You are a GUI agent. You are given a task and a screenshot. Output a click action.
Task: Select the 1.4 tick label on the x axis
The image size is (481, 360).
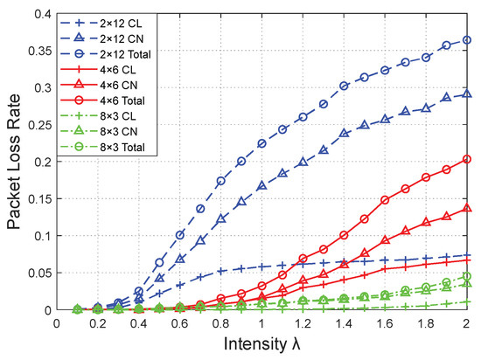click(x=345, y=322)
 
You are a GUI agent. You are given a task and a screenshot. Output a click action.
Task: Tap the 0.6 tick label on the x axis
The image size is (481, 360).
click(x=180, y=322)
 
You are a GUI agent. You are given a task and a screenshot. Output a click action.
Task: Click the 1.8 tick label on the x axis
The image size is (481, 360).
click(x=427, y=322)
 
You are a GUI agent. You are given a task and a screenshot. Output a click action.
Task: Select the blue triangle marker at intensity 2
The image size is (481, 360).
click(x=467, y=94)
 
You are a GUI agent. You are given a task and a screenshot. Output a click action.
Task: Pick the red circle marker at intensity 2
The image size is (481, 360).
click(x=467, y=159)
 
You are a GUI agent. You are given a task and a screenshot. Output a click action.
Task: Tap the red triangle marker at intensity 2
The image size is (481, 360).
click(x=467, y=208)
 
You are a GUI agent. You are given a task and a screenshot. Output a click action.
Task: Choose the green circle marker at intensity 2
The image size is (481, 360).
click(x=467, y=276)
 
